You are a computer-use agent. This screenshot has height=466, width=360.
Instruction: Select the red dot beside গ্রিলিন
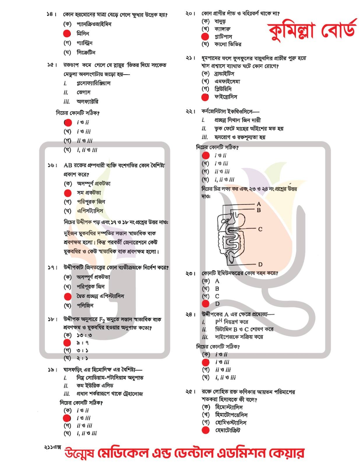click(x=67, y=33)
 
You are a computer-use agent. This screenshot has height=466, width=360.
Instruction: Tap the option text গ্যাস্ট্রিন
click(x=84, y=43)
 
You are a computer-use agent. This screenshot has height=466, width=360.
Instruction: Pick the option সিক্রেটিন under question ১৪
click(x=86, y=52)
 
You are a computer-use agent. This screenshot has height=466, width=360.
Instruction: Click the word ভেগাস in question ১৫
click(x=84, y=92)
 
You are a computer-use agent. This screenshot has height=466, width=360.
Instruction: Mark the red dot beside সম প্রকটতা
click(x=68, y=193)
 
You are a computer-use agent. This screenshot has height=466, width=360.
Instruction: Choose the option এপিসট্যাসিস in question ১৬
click(x=90, y=211)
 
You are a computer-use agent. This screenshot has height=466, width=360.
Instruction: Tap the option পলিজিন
click(x=85, y=306)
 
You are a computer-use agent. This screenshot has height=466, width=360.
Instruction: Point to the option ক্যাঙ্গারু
click(x=223, y=29)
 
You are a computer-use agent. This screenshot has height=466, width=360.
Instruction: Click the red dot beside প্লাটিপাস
click(x=205, y=37)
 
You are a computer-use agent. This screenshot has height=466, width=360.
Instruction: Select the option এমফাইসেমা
click(x=227, y=81)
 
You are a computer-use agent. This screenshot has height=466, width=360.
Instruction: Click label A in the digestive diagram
click(x=259, y=204)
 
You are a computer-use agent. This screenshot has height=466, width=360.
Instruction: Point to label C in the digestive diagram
click(x=260, y=229)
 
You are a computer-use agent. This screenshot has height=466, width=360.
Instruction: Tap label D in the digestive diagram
click(x=260, y=264)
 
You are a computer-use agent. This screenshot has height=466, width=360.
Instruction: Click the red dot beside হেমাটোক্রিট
click(x=206, y=430)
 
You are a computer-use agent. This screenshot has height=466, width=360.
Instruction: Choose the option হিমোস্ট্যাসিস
click(x=229, y=407)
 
